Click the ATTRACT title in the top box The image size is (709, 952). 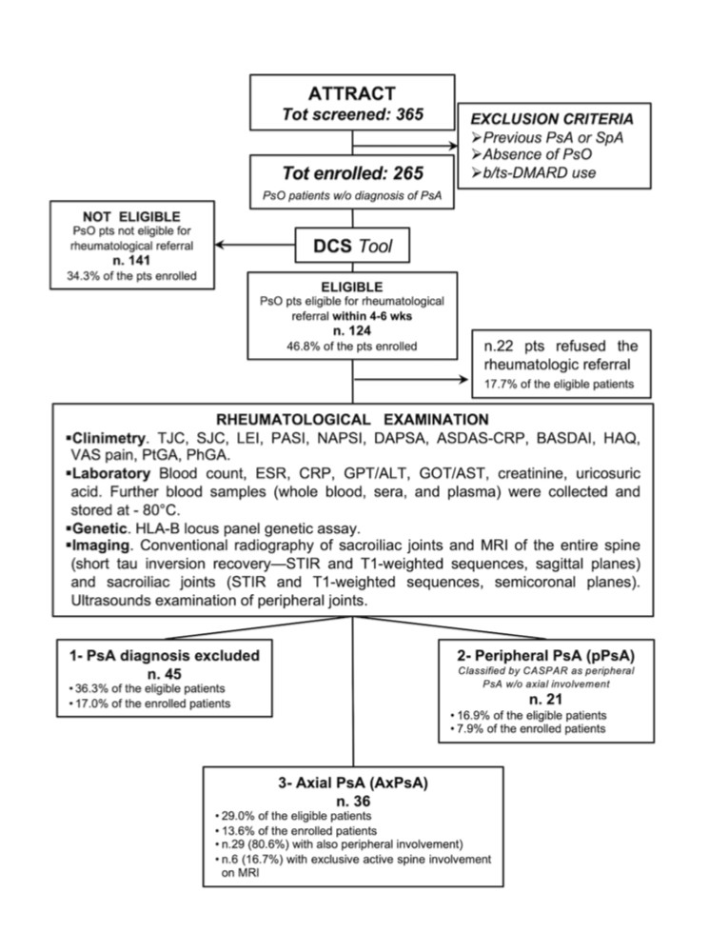click(x=352, y=93)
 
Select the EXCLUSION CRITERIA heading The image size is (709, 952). click(x=552, y=119)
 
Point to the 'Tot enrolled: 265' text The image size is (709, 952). click(x=353, y=173)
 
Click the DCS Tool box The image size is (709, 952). click(x=352, y=246)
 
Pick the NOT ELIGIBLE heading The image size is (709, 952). click(x=131, y=217)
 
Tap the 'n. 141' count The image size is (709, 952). click(x=131, y=261)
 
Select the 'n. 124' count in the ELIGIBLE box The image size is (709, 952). click(x=352, y=331)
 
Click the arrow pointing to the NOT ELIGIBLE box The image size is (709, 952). click(x=255, y=245)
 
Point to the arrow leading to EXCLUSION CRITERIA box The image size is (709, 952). click(x=404, y=146)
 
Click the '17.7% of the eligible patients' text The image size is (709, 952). click(x=559, y=384)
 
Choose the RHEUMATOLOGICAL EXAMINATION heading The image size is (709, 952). click(x=353, y=420)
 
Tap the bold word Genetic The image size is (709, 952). click(x=99, y=528)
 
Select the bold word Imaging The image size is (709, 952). click(x=101, y=545)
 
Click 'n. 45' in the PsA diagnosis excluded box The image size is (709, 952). click(x=165, y=674)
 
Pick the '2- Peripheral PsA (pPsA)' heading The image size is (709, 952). click(x=545, y=656)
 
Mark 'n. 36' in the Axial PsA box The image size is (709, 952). click(x=353, y=802)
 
